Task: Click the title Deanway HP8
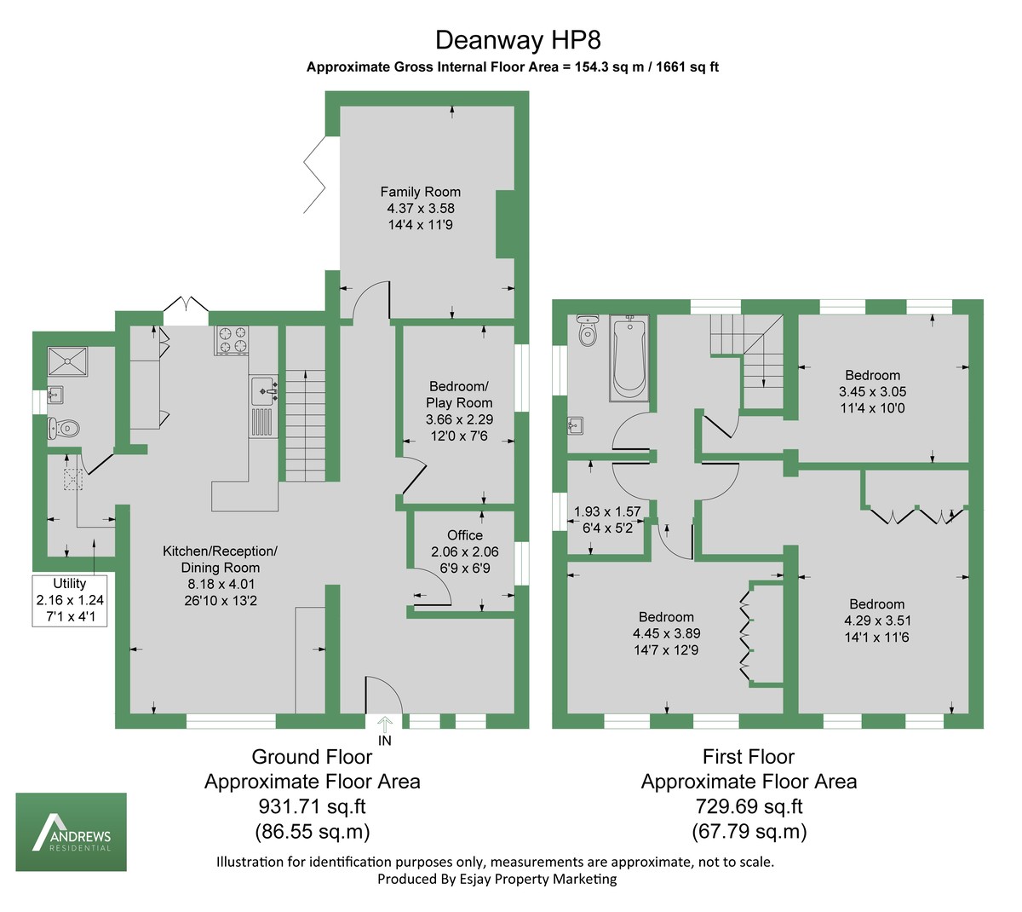coord(512,40)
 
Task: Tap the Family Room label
coord(420,192)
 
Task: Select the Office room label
coord(464,535)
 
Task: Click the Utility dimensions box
coord(70,600)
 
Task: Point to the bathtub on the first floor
coord(629,357)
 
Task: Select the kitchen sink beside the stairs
coord(264,391)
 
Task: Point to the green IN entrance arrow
coord(384,724)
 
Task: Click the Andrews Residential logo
coord(72,832)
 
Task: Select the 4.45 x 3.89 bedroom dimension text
coord(666,633)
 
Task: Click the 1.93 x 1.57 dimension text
coord(606,512)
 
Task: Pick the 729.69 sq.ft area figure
coord(748,806)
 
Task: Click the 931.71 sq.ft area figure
coord(312,806)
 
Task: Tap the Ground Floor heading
coord(312,757)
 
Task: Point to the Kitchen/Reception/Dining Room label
coord(220,559)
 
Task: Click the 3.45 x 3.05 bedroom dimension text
coord(872,392)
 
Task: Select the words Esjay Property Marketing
coord(541,879)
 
